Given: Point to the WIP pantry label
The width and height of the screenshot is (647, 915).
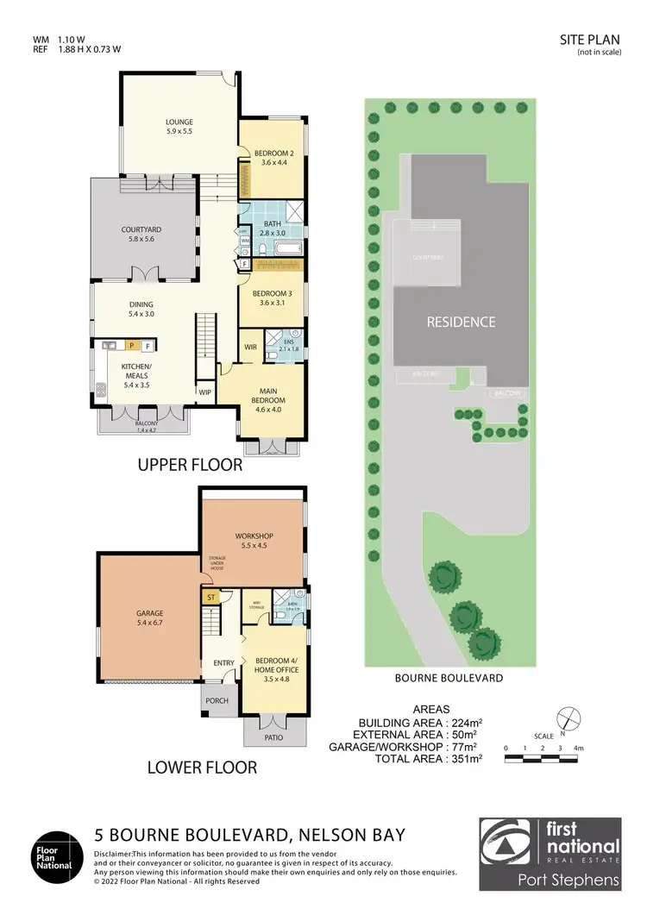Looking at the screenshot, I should (x=205, y=392).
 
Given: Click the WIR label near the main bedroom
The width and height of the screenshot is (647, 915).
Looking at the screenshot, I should (x=251, y=348).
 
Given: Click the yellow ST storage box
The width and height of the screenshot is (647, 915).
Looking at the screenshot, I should (x=210, y=597).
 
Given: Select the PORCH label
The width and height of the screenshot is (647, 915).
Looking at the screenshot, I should (x=217, y=700).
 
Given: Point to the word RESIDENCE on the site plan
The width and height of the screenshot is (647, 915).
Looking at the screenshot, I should (x=462, y=323).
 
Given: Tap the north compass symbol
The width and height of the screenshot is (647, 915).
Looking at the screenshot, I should (x=566, y=716).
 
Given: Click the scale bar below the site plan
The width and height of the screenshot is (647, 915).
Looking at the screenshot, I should (x=545, y=757).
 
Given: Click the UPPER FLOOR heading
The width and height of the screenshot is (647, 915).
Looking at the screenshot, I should (x=190, y=465).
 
